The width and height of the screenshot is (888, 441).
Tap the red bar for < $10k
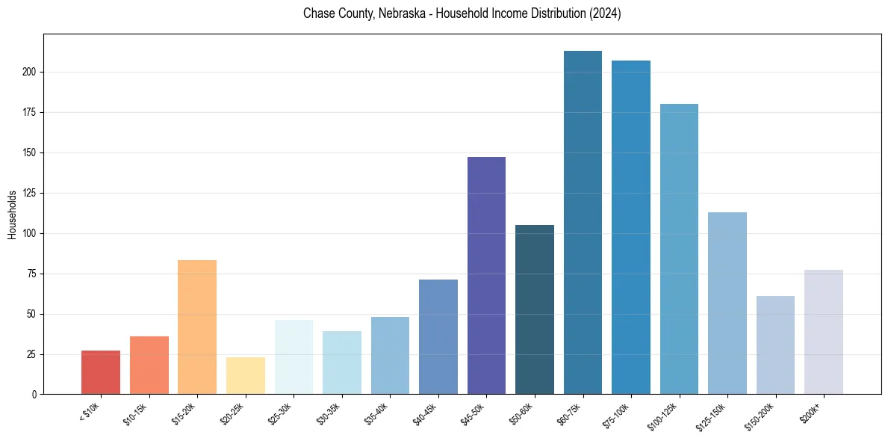[101, 372]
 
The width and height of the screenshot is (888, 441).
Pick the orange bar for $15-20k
[197, 327]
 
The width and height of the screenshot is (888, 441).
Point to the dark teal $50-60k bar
[535, 309]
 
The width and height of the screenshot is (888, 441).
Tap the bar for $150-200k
[775, 345]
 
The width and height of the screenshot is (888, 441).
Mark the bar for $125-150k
[727, 303]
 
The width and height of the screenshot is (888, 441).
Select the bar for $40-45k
[438, 336]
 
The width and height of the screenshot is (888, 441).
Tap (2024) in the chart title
[605, 13]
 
